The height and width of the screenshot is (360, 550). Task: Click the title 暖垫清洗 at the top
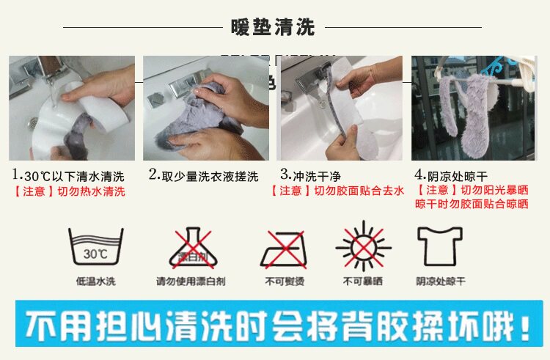coord(273,27)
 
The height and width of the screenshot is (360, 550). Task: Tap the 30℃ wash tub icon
coord(96,247)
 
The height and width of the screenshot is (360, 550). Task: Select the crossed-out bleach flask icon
coord(193,248)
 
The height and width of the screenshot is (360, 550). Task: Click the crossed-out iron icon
coord(283,249)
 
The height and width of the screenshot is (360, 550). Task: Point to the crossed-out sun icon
coord(364,246)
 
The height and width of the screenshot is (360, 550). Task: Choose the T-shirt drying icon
coord(440,246)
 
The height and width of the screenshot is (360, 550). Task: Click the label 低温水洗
coord(96,281)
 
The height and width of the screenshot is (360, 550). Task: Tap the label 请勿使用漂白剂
coord(191,281)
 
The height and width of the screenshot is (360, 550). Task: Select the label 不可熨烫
coord(285,281)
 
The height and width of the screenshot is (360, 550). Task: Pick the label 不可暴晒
coord(363,281)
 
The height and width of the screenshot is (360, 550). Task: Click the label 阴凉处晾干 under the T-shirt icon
coord(441,281)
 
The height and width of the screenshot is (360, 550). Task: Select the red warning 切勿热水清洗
coord(91,191)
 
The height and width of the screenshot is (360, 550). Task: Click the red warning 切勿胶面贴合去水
coord(359,191)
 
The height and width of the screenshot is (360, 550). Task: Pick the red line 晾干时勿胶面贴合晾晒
coord(472,204)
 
